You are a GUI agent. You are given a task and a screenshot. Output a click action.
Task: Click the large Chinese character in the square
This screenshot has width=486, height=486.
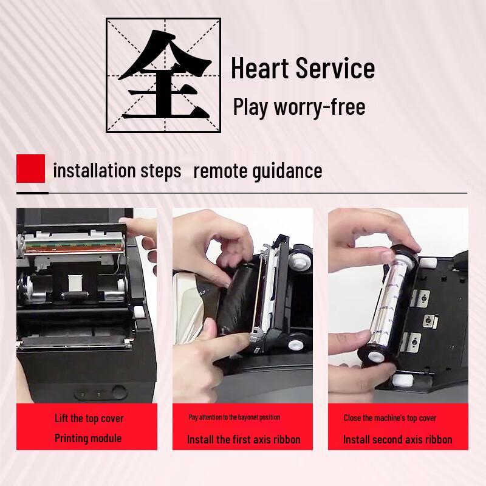pyautogui.click(x=164, y=74)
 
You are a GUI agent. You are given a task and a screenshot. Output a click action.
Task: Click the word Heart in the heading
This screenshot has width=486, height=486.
pyautogui.click(x=260, y=68)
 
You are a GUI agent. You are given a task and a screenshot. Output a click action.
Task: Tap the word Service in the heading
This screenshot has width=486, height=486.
pyautogui.click(x=335, y=68)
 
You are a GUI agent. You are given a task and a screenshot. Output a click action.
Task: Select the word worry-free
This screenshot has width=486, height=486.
pyautogui.click(x=320, y=107)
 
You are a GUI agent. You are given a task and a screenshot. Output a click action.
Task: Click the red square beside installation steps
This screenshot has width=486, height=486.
pyautogui.click(x=31, y=168)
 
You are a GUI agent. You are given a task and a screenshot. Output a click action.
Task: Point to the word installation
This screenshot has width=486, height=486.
pyautogui.click(x=95, y=171)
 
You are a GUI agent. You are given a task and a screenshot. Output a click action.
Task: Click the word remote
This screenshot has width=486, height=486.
pyautogui.click(x=220, y=171)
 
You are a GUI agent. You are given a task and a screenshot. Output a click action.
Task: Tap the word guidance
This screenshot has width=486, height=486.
pyautogui.click(x=287, y=171)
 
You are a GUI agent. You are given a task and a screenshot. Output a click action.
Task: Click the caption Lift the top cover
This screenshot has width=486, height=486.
pyautogui.click(x=89, y=419)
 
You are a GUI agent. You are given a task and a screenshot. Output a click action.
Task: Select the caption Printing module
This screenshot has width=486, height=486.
pyautogui.click(x=88, y=438)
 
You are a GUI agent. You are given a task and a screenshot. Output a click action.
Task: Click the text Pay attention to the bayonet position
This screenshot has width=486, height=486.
pyautogui.click(x=234, y=417)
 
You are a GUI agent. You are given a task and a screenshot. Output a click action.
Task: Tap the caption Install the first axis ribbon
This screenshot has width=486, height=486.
pyautogui.click(x=244, y=439)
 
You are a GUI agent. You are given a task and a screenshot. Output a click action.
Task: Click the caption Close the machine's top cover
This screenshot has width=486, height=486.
pyautogui.click(x=390, y=418)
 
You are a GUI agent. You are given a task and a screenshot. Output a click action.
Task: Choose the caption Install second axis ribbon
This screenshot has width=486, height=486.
pyautogui.click(x=398, y=439)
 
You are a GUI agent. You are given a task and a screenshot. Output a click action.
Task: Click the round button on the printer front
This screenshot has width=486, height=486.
pyautogui.click(x=120, y=392)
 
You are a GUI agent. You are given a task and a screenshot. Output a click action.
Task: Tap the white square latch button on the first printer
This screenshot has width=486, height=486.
pyautogui.click(x=139, y=312)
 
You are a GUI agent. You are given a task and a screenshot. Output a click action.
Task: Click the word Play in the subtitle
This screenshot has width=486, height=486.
pyautogui.click(x=250, y=108)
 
